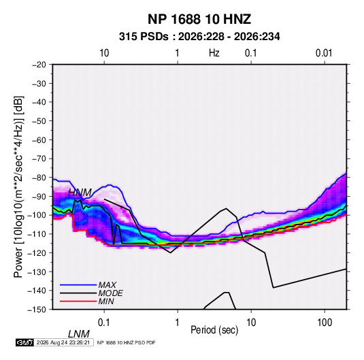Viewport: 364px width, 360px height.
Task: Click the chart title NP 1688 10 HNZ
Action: coord(199,19)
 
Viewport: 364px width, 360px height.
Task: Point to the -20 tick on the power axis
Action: coord(39,65)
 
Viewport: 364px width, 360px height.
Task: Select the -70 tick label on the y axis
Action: coord(39,159)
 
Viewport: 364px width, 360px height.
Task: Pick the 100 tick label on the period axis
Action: coord(325,323)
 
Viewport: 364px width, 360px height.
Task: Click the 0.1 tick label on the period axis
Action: coord(104,323)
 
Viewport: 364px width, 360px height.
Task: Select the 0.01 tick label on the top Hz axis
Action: coord(324,53)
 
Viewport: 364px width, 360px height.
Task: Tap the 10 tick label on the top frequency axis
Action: coord(104,53)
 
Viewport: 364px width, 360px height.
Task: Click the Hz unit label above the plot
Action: coord(214,53)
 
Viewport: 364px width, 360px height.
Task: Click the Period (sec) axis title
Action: coord(214,330)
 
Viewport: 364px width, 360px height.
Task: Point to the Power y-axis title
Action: coord(18,187)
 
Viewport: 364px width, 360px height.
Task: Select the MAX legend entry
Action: coord(107,285)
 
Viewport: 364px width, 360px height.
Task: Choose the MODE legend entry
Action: coord(110,293)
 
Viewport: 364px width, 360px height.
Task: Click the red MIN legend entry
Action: coord(106,301)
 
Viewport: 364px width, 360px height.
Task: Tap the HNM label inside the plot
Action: coord(80,193)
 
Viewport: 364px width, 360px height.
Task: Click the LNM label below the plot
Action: coord(79,334)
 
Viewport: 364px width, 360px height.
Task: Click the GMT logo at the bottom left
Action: coord(25,342)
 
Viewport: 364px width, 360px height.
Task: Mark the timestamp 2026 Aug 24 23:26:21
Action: coord(63,342)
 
